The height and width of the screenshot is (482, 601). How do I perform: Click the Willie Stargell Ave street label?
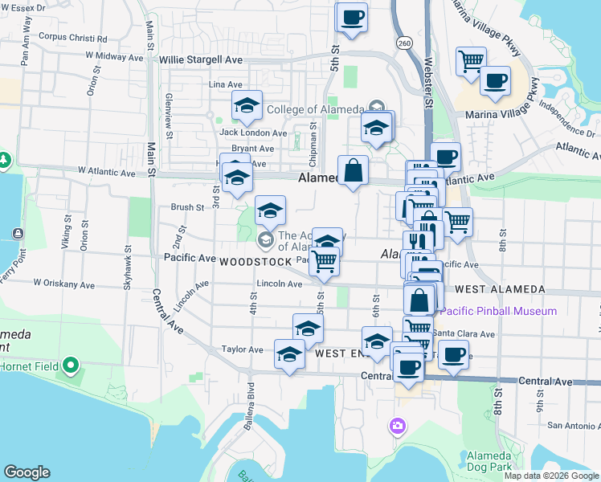[x=201, y=60]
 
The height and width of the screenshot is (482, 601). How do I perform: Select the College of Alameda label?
[x=314, y=110]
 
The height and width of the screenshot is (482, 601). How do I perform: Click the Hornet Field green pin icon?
[x=71, y=366]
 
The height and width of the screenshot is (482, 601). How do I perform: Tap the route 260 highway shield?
[x=403, y=43]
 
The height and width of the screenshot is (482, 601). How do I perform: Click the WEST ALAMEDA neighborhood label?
[x=500, y=289]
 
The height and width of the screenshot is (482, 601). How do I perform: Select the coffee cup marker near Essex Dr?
[x=352, y=18]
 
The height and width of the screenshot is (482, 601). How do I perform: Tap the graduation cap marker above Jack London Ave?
[x=247, y=106]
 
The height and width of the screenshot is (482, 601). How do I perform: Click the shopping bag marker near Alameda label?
[x=353, y=170]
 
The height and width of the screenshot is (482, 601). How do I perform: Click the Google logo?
[x=27, y=472]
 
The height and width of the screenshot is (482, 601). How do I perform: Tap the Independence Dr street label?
[x=567, y=120]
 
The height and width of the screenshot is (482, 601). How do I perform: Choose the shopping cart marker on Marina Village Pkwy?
[x=471, y=61]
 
